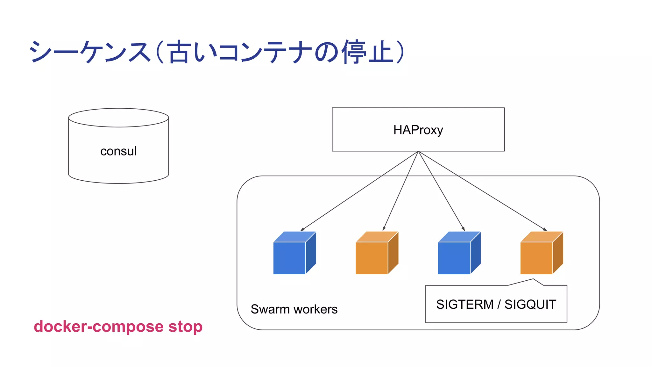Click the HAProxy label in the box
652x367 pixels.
point(418,130)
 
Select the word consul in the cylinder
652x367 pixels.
point(118,151)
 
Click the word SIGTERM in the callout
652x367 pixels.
point(464,305)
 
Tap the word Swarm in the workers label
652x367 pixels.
point(270,309)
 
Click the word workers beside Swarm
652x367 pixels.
point(315,309)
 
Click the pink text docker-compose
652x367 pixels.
point(99,327)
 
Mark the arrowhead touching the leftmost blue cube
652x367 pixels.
point(302,229)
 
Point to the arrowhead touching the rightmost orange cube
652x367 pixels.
point(545,229)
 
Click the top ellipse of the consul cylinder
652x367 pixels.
point(118,118)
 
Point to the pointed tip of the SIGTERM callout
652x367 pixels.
point(533,279)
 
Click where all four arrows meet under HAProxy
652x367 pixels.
point(418,152)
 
